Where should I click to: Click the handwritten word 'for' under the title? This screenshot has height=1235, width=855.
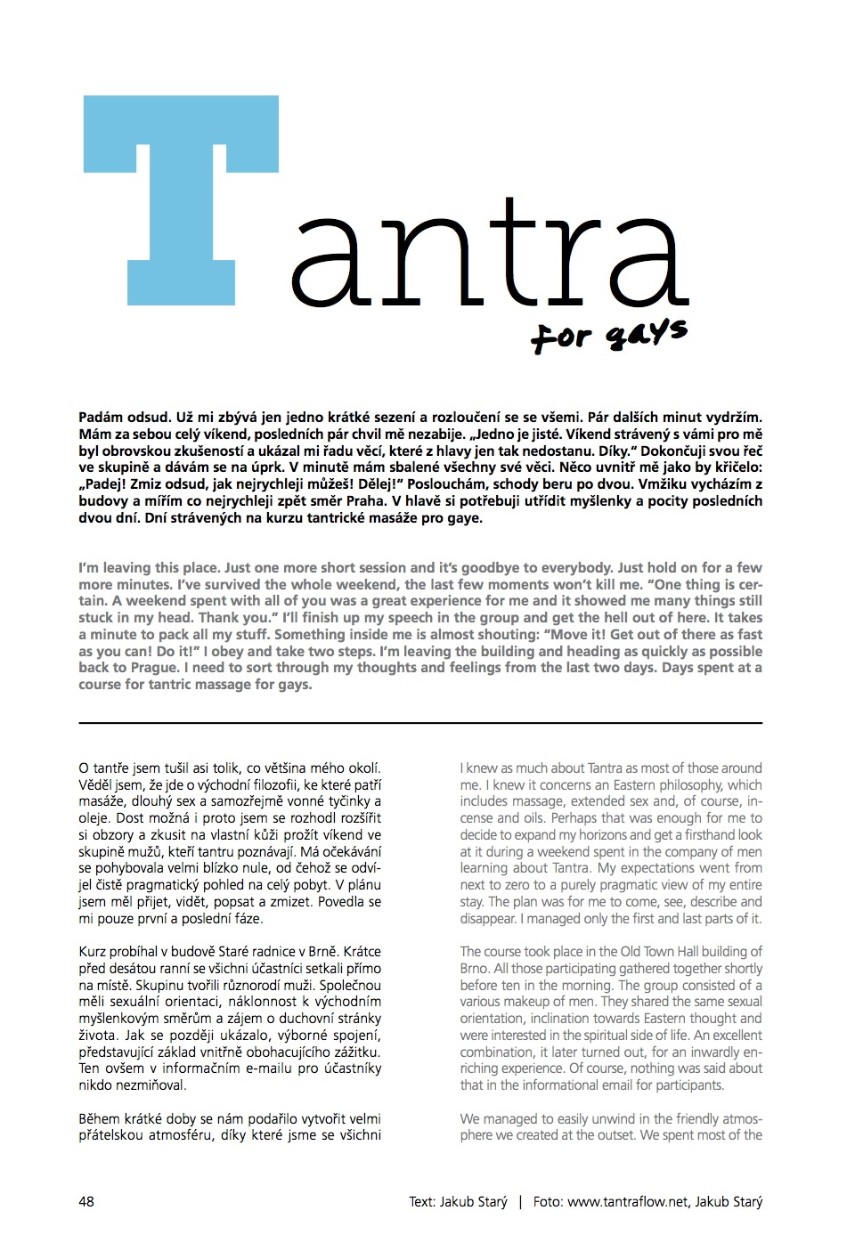(561, 337)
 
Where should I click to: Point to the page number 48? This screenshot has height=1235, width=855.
(86, 1201)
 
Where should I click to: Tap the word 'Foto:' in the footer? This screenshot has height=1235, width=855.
(548, 1201)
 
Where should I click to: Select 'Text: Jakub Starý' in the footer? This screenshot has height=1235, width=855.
(458, 1201)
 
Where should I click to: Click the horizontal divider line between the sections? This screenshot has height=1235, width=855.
(420, 723)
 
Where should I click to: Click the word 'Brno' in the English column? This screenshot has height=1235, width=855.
(475, 969)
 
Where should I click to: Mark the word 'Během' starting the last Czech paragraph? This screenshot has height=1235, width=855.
(100, 1119)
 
